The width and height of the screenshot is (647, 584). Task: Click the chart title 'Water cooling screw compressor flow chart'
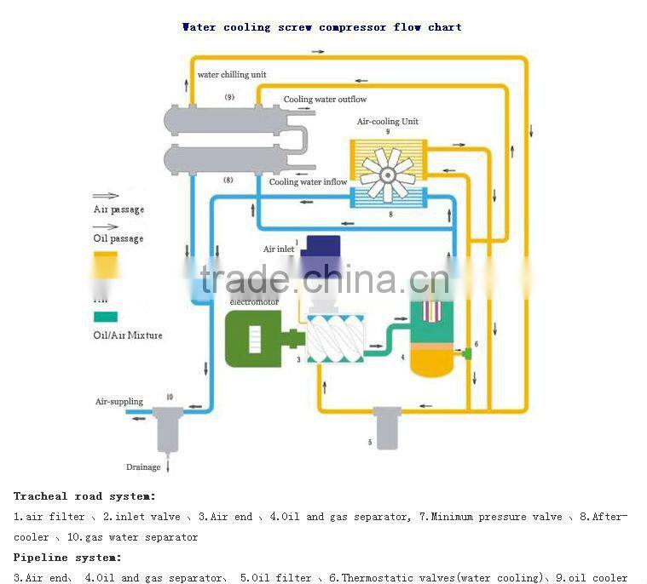coord(322,27)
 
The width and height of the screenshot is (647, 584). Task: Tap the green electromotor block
coord(253,339)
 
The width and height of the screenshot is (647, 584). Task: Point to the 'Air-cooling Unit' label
coord(388,122)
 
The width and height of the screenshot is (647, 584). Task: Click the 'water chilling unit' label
coord(232,75)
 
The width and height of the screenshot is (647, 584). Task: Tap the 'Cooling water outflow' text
coord(325,100)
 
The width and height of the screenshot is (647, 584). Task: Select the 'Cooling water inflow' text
coord(308,182)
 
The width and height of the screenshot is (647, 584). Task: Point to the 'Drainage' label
coord(143,467)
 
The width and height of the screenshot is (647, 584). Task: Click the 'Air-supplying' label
coord(118,402)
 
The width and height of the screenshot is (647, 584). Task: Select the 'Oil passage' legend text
coord(118,238)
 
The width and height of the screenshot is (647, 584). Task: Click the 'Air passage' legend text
coord(118,209)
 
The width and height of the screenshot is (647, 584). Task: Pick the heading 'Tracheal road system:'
coord(84,495)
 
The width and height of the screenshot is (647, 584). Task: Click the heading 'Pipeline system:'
coord(67,558)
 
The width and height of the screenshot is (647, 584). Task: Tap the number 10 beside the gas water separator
coord(169,398)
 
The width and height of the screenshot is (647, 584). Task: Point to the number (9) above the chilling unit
coord(229,98)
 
